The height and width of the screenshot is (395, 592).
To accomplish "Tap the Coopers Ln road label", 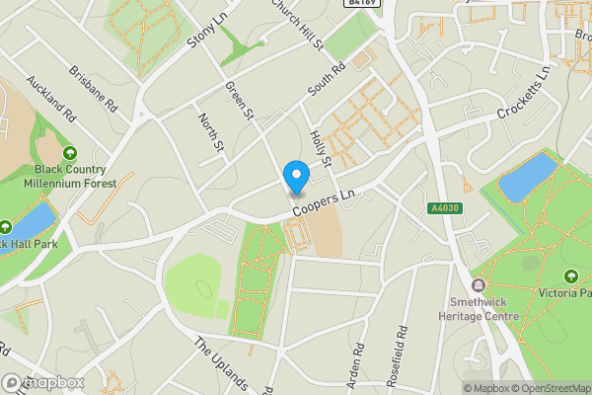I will coord(323,205).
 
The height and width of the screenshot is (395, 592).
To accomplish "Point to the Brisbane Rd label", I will coord(94,88).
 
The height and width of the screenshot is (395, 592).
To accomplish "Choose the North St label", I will coord(211,132).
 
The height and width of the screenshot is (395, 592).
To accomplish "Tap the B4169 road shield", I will coord(360,4).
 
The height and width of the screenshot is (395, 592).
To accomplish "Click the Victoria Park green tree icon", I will coord(571,276).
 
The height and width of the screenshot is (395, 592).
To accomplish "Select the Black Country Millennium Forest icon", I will coord(70,153).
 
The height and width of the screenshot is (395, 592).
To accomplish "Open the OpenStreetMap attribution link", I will coord(543,388).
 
